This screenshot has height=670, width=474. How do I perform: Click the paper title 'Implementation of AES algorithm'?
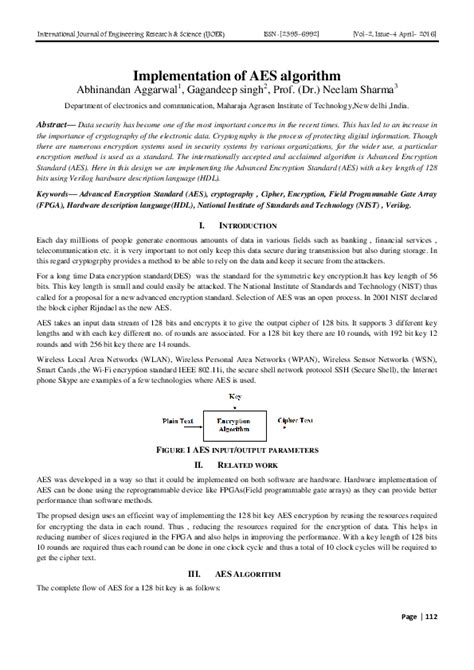point(237,75)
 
